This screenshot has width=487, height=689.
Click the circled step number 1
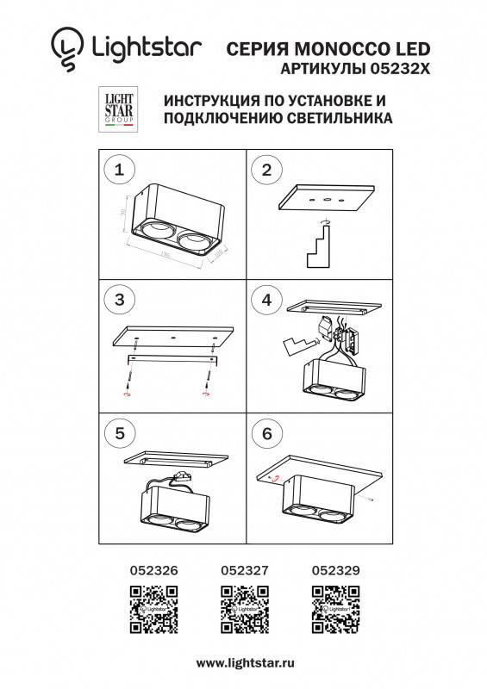click(119, 170)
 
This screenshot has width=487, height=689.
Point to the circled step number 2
click(266, 170)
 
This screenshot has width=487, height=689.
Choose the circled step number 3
click(119, 300)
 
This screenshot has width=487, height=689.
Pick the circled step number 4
click(266, 300)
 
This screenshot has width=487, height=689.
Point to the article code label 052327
click(245, 569)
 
